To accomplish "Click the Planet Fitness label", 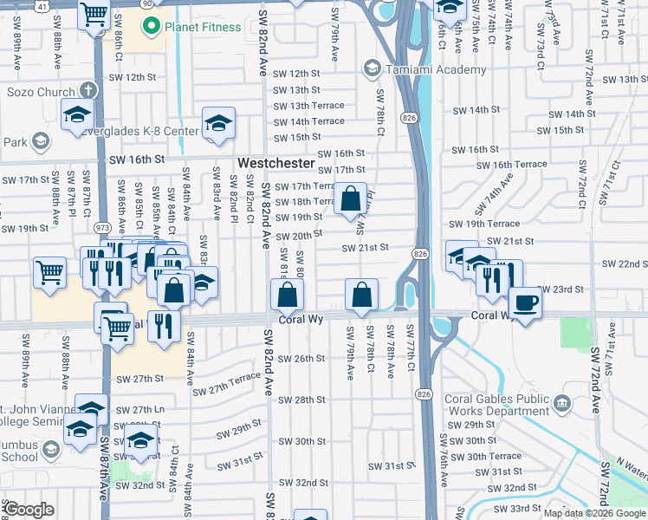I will [204, 27].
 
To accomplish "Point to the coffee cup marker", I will [526, 302].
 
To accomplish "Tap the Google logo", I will [29, 510].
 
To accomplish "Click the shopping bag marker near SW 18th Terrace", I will [350, 201].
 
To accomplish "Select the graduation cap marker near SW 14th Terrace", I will [219, 124].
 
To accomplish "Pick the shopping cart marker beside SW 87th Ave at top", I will [93, 15].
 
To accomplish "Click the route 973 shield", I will [102, 227].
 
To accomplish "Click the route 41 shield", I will [42, 4].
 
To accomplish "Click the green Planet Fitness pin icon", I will [152, 27].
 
